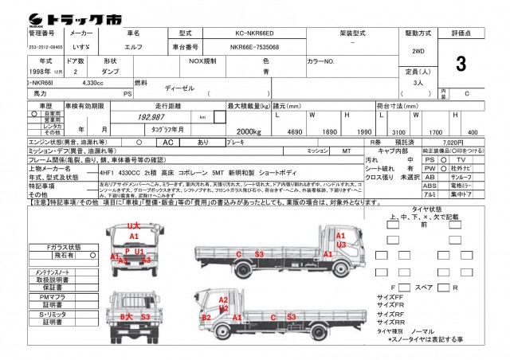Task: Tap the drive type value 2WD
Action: click(x=418, y=51)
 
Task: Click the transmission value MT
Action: click(x=346, y=150)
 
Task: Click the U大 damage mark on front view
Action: click(x=134, y=226)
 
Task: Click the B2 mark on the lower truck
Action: click(x=206, y=317)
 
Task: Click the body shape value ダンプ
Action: click(x=110, y=72)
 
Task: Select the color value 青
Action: click(x=265, y=72)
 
